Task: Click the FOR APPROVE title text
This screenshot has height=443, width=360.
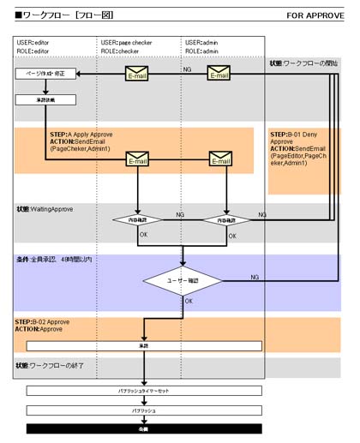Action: click(314, 15)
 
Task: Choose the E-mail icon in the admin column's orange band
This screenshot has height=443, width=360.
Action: click(220, 159)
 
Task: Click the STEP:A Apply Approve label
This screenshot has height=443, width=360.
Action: click(81, 135)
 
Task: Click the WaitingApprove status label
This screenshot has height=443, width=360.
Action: click(45, 209)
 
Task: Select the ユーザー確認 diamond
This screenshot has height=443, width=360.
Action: click(183, 280)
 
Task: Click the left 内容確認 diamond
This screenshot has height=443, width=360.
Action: click(137, 220)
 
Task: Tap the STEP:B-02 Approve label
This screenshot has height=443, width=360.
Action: click(43, 322)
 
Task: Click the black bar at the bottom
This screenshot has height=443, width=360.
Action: click(143, 428)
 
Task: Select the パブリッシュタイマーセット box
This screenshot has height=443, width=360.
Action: click(143, 391)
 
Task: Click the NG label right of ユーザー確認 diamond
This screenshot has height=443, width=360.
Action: click(254, 278)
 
